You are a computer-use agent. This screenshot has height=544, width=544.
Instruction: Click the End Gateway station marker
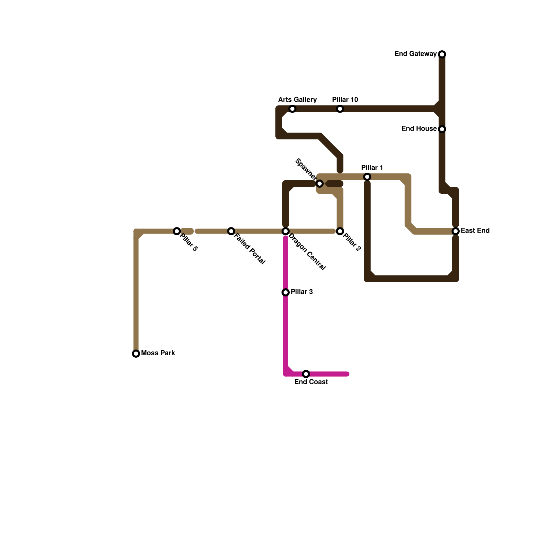coord(442,54)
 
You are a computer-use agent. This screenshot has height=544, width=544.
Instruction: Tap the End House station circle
coord(442,129)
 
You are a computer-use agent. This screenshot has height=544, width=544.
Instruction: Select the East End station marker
coord(456,231)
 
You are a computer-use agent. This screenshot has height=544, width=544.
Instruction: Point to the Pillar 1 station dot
coord(367,177)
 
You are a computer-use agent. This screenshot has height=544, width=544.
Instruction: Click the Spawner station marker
coord(320,184)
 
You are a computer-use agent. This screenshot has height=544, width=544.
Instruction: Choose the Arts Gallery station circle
coord(292,109)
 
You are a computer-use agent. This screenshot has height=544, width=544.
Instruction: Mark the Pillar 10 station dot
coord(340,109)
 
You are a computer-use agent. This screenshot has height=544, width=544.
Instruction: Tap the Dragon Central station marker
coord(286,231)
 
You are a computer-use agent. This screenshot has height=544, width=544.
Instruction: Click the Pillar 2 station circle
coord(340,231)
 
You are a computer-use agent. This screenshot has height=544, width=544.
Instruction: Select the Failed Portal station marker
coord(231,231)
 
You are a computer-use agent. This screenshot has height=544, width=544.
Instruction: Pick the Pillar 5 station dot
coord(177,231)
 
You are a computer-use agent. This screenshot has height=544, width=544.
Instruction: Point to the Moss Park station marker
coord(136,354)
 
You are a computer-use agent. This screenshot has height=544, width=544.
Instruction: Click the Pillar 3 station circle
coord(286,292)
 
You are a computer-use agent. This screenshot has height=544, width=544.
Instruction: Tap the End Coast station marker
coord(306,374)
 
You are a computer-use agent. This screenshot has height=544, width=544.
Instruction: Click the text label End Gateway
coord(415,54)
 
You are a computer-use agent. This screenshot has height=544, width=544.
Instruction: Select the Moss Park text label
coord(158,353)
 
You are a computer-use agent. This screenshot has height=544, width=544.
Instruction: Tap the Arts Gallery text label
coord(297,100)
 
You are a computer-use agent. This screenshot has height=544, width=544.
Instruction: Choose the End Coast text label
coord(311,382)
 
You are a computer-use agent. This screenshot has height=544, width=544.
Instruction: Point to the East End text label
coord(475,231)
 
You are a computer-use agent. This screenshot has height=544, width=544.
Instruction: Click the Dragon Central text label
coord(307,252)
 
